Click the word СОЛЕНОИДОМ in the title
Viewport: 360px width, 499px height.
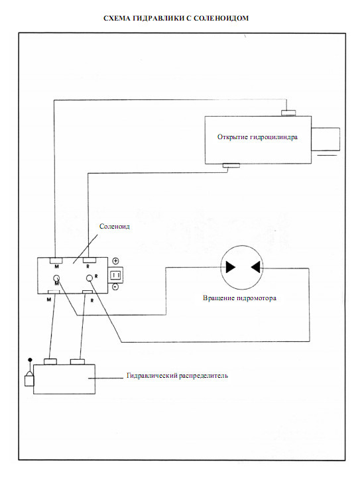[221, 18]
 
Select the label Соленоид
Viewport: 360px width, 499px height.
[115, 227]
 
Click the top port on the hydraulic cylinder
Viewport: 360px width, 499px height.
[288, 113]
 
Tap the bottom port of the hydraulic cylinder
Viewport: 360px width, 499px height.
[231, 166]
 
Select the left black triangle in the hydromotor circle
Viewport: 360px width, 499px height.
[231, 267]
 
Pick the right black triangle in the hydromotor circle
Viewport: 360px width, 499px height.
[256, 267]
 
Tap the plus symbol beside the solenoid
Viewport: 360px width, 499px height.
[116, 261]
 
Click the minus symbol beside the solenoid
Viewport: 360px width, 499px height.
[115, 287]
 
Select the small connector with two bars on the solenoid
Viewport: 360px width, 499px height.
[116, 274]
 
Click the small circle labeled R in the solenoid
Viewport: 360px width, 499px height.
[90, 278]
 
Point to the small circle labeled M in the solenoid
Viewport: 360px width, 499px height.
[56, 278]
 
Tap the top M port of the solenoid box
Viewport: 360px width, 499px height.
[56, 260]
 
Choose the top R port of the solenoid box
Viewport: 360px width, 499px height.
[90, 260]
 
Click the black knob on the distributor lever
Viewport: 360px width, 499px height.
[30, 360]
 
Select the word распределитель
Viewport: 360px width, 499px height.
[204, 376]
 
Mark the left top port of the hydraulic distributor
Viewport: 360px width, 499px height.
[50, 362]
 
